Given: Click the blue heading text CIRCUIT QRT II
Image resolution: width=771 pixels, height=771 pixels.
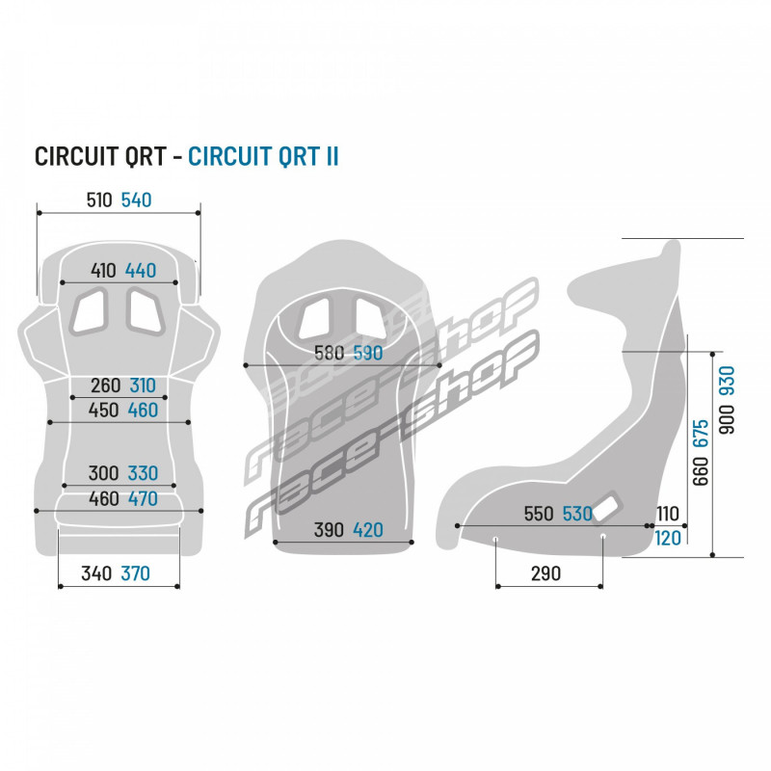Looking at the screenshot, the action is (x=263, y=156).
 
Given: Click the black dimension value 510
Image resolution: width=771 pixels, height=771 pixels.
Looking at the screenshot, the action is (x=99, y=200).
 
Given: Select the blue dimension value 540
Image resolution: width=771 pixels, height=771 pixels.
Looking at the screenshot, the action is (x=136, y=200).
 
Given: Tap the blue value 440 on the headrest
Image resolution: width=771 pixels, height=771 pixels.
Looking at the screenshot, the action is (x=141, y=271).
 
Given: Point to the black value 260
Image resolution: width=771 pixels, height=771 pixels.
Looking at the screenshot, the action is (x=106, y=385).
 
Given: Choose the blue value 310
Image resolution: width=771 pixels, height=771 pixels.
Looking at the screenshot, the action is (x=143, y=385).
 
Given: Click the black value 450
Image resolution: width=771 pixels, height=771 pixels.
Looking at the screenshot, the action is (x=103, y=411).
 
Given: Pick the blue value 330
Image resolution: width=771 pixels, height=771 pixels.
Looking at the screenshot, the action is (x=143, y=473).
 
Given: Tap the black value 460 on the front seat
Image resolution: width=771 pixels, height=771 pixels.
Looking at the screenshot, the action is (x=104, y=498).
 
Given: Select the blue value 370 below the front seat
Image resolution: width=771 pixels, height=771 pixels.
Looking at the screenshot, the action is (x=136, y=573).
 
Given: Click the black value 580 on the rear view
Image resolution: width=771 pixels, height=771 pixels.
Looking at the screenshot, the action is (x=330, y=353).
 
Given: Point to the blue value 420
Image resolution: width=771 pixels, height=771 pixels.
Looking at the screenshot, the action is (x=368, y=529).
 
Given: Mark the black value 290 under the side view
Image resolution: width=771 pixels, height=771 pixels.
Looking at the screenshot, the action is (x=545, y=573).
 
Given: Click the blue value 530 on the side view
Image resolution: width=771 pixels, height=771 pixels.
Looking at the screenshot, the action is (x=577, y=514).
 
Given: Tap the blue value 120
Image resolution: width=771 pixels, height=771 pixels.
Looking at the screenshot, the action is (x=668, y=539).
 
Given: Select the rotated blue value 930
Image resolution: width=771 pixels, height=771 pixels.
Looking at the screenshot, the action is (x=727, y=380).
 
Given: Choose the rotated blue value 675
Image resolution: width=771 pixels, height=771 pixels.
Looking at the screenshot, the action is (x=701, y=433).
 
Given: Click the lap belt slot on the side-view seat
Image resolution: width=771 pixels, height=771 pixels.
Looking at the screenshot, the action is (x=607, y=509).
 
